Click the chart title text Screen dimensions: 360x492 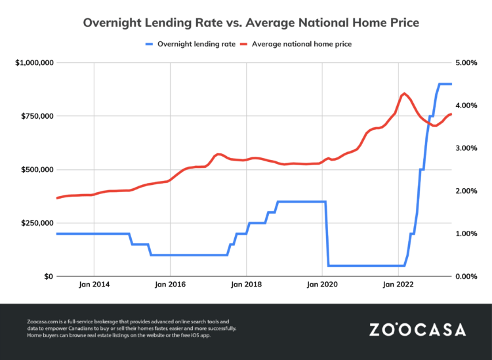(x=251, y=23)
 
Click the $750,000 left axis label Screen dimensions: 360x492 (x=35, y=116)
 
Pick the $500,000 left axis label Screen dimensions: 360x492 (x=35, y=170)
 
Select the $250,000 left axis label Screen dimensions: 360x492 (x=35, y=223)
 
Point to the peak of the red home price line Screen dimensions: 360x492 (x=403, y=93)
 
